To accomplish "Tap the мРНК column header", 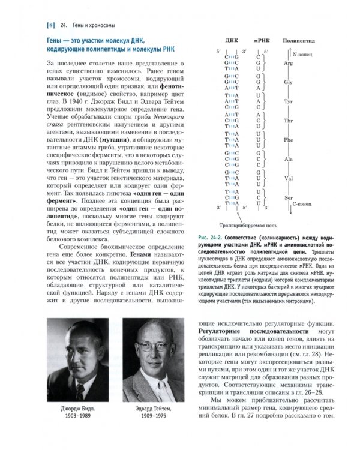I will (261, 44).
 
